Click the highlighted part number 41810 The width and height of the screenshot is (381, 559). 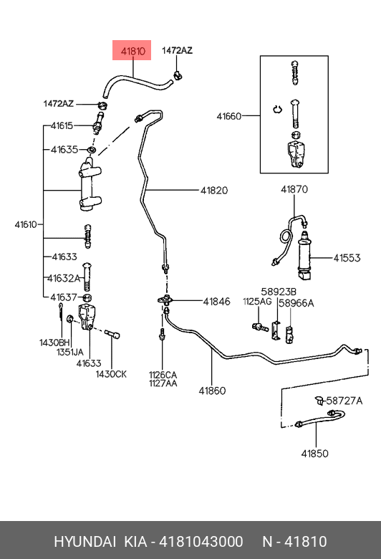pyautogui.click(x=133, y=52)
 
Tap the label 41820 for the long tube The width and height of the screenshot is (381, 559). pyautogui.click(x=214, y=191)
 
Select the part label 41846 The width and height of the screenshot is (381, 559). pyautogui.click(x=217, y=302)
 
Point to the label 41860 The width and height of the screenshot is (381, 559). pyautogui.click(x=212, y=391)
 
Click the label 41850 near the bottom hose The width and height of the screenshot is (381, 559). pyautogui.click(x=314, y=454)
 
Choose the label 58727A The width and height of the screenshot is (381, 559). pyautogui.click(x=344, y=401)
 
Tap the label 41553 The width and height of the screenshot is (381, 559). pyautogui.click(x=347, y=258)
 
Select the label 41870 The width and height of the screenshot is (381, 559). pyautogui.click(x=294, y=189)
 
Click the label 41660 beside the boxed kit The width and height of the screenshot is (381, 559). pyautogui.click(x=228, y=116)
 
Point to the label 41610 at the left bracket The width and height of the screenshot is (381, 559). pyautogui.click(x=26, y=224)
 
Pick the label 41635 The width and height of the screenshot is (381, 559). pyautogui.click(x=64, y=149)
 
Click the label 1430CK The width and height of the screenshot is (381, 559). pyautogui.click(x=111, y=374)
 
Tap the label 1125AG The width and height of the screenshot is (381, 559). pyautogui.click(x=257, y=302)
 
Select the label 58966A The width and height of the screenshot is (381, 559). pyautogui.click(x=296, y=303)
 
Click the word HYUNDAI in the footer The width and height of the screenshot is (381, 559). pyautogui.click(x=85, y=542)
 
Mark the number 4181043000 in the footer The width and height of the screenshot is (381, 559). pyautogui.click(x=201, y=542)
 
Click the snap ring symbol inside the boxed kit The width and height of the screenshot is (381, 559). pyautogui.click(x=277, y=109)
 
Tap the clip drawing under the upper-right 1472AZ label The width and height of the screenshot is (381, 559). pyautogui.click(x=178, y=75)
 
